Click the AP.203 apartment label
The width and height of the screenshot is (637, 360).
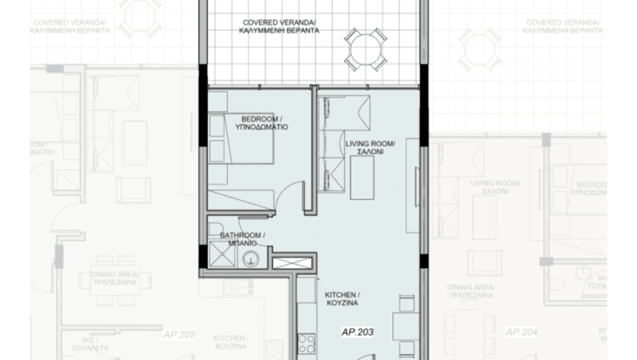(357, 332)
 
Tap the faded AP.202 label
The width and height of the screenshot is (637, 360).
(180, 335)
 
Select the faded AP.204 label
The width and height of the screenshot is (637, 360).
(521, 332)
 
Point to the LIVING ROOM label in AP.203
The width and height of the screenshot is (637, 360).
(370, 143)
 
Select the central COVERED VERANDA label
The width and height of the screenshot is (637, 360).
(279, 23)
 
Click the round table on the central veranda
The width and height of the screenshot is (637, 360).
(365, 49)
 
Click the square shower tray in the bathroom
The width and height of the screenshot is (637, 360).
(222, 256)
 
